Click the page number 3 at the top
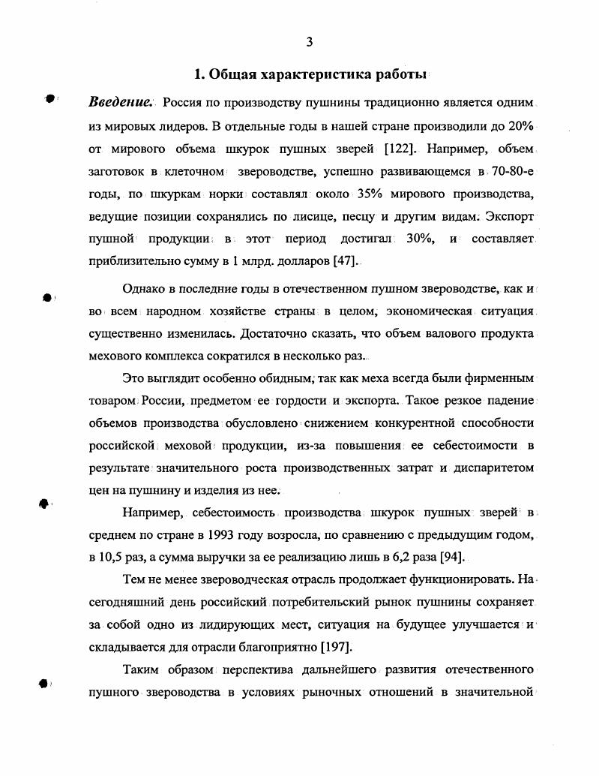pyautogui.click(x=309, y=43)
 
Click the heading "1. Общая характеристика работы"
pyautogui.click(x=310, y=75)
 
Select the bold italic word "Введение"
pyautogui.click(x=120, y=102)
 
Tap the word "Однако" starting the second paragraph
pyautogui.click(x=145, y=289)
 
